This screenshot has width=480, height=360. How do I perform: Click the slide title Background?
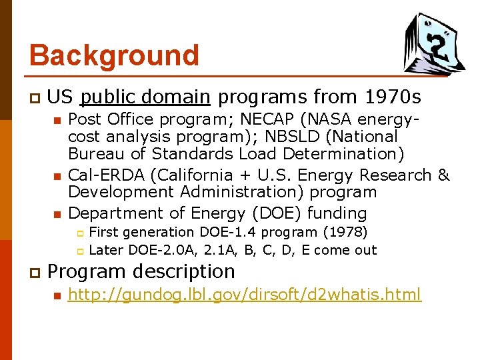click(x=114, y=55)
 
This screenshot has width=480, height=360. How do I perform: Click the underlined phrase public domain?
click(x=145, y=97)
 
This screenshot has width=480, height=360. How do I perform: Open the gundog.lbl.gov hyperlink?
click(x=245, y=294)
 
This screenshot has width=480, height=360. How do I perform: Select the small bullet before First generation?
click(x=78, y=233)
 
